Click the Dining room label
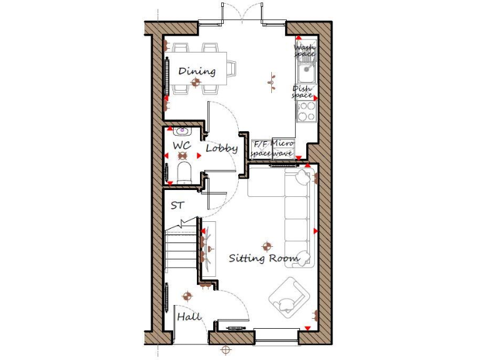(x=196, y=71)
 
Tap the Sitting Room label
(x=263, y=257)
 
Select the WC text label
(x=181, y=146)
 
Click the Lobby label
(x=222, y=149)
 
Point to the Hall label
(x=189, y=317)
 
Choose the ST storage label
(x=177, y=205)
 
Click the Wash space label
(x=305, y=51)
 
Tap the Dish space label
(x=302, y=92)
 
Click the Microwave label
(x=282, y=149)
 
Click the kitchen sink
(x=306, y=74)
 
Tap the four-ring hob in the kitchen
(x=306, y=111)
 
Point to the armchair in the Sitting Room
(x=289, y=297)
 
